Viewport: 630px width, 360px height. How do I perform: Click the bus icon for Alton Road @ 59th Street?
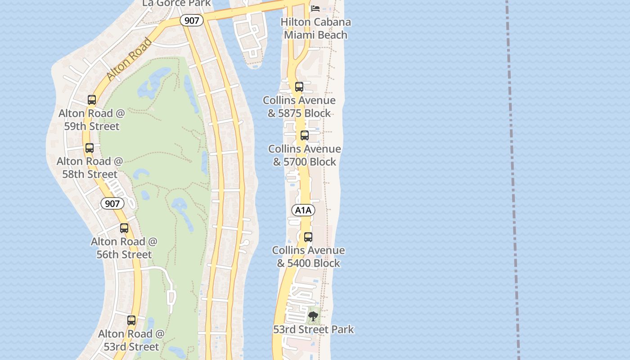pos(92,100)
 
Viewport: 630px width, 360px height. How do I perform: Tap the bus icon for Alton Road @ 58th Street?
pos(90,148)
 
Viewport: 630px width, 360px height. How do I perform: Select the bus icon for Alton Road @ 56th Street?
pos(124,228)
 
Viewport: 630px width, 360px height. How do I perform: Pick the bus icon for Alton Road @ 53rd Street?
pos(131,320)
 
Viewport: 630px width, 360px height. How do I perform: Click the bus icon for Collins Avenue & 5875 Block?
pos(299,87)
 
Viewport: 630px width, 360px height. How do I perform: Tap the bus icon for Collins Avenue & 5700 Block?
pos(305,135)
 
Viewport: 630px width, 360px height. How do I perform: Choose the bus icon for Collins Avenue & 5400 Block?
pos(308,237)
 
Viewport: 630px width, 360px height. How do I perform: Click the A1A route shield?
pos(303,210)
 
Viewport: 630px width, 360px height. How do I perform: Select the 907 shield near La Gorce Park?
pos(192,20)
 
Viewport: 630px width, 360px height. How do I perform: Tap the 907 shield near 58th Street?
pos(112,203)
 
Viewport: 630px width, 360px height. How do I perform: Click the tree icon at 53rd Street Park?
pos(313,316)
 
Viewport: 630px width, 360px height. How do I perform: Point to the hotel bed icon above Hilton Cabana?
pos(315,8)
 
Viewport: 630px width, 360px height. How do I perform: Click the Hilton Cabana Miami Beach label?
pos(315,28)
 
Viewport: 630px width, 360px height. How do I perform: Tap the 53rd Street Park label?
pos(314,330)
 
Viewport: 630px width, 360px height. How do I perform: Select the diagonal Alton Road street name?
pos(130,59)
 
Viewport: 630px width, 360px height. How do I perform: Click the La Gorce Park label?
pos(176,4)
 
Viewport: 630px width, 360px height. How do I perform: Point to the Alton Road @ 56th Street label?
pos(124,248)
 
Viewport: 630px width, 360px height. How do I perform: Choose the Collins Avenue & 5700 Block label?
pos(305,155)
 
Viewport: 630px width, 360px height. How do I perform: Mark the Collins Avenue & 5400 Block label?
pos(308,256)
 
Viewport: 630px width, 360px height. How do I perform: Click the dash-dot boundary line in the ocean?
pos(512,180)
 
